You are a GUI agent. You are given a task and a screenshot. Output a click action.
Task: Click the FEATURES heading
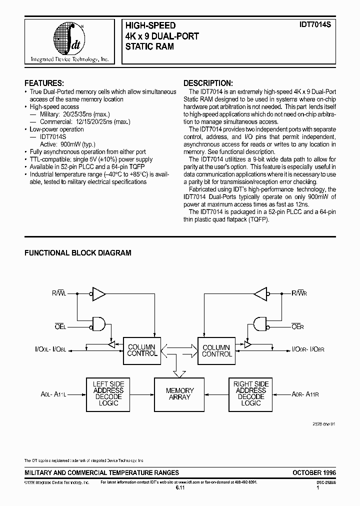[44, 83]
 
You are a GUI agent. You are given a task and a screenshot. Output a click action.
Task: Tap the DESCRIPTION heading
[208, 83]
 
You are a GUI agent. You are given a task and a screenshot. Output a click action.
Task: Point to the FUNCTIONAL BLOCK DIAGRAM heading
[78, 253]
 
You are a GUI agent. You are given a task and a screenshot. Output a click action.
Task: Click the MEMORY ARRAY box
[180, 393]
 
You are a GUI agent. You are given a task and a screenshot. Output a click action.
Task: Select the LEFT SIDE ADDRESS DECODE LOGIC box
[107, 393]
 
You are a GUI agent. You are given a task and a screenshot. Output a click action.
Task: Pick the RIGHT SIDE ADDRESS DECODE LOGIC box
[250, 393]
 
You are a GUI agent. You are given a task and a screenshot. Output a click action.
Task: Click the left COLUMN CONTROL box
[141, 350]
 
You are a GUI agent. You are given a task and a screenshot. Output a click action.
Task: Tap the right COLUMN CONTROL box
[216, 350]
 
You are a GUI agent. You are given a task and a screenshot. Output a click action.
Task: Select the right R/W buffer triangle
[260, 294]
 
